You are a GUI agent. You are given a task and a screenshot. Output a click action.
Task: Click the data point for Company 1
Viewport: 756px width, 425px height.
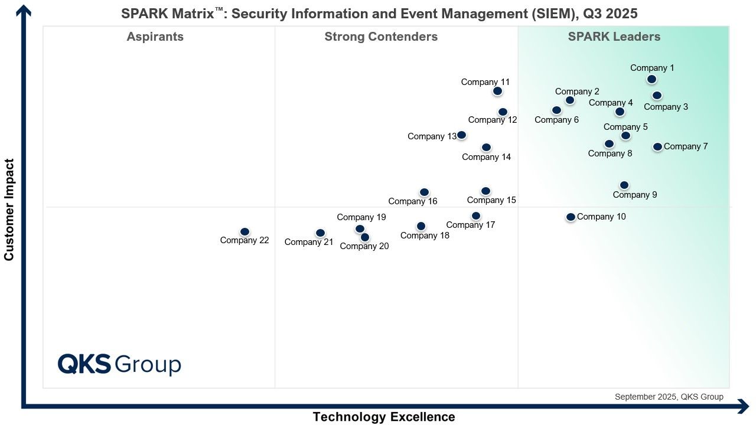pos(651,79)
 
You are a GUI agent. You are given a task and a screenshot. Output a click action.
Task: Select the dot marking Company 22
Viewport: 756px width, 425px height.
pos(245,231)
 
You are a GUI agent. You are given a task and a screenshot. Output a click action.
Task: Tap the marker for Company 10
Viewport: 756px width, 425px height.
pos(571,217)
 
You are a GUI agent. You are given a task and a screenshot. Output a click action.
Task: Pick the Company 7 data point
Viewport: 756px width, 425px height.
pos(657,146)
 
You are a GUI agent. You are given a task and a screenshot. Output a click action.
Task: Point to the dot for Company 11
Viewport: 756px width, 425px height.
pos(497,91)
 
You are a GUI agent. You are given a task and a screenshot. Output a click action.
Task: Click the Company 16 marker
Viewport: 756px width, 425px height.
pos(424,192)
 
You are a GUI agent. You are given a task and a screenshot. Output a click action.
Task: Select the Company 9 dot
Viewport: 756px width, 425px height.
pos(624,185)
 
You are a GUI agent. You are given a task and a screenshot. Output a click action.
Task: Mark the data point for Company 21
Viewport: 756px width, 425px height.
pos(320,233)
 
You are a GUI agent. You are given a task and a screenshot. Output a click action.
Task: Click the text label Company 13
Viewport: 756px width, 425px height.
pos(432,136)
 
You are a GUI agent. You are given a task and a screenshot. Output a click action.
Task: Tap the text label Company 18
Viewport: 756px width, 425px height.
pos(425,236)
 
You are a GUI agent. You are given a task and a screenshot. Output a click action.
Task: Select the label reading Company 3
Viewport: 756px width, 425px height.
pos(666,107)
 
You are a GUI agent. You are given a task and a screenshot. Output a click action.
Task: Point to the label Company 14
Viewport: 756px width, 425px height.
pos(486,157)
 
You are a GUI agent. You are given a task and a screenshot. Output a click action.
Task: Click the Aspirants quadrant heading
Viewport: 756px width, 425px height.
pos(155,37)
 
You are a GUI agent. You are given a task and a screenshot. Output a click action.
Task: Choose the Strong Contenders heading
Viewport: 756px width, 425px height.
pos(381,37)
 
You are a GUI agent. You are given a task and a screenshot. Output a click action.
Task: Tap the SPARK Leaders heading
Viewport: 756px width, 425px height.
pos(614,37)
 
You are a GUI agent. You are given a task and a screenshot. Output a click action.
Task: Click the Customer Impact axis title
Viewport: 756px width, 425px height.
pos(9,209)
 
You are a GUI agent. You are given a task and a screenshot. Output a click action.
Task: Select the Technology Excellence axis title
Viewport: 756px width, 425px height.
pos(384,417)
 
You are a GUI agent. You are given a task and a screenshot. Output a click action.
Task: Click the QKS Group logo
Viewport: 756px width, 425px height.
pos(119,364)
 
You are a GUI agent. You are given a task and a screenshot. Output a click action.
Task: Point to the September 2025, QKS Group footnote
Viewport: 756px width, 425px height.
pos(669,397)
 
